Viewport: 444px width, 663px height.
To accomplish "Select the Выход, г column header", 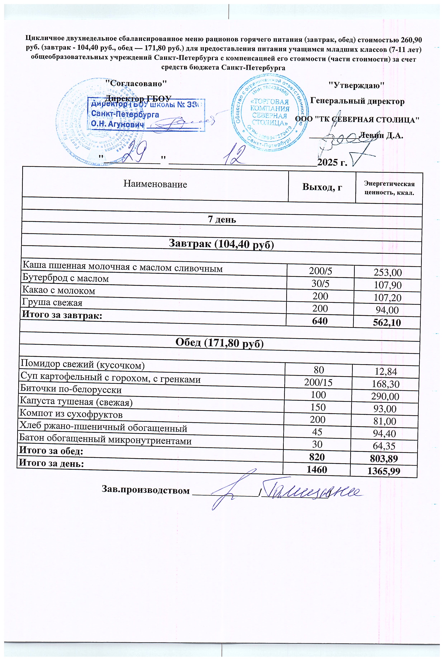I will [322, 187].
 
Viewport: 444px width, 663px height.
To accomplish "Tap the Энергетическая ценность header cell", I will [389, 188].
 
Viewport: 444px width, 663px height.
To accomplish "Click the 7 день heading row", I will [222, 220].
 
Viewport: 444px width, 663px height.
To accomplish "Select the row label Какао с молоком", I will [59, 291].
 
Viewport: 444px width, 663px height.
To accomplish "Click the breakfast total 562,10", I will [387, 323].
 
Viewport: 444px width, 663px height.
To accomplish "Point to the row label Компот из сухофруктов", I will [71, 415].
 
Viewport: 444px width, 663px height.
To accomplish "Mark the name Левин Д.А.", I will [381, 136].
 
